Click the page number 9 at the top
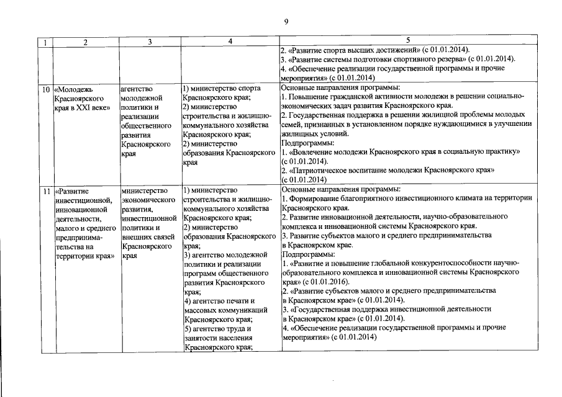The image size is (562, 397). coord(286,22)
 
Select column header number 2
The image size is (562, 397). coord(86,42)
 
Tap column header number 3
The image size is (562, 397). coord(150,42)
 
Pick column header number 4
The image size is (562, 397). coord(230,42)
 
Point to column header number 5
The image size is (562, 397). coord(407,40)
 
